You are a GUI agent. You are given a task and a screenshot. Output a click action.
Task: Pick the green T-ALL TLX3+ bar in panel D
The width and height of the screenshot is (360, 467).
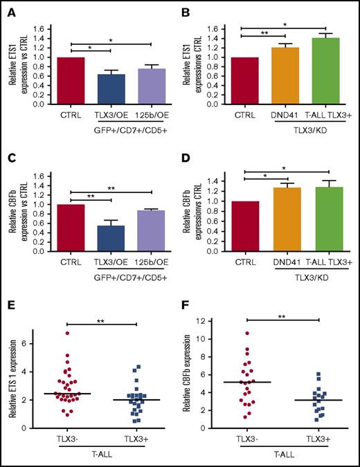pos(323,217)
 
